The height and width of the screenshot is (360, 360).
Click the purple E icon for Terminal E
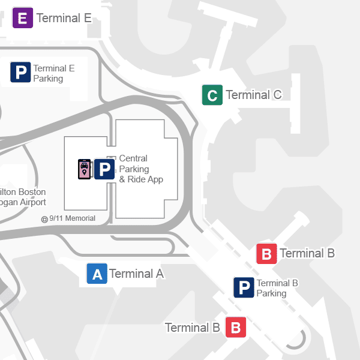23,17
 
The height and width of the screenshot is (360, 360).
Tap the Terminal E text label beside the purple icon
64,18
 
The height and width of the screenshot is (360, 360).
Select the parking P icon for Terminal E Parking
20,73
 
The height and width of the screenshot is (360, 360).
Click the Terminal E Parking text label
54,73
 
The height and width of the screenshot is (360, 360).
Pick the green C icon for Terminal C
212,95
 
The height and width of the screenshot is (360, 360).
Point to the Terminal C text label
254,95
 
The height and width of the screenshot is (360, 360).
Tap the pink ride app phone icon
85,169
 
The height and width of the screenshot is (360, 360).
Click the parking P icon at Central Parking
104,169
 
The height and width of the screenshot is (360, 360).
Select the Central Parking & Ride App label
141,169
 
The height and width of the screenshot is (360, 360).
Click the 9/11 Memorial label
72,218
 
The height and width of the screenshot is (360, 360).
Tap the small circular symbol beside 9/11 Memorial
44,219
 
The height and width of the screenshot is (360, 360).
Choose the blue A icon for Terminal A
97,274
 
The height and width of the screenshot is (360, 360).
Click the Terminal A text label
137,274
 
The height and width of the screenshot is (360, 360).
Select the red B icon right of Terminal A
266,254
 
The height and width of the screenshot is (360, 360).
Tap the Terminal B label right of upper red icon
307,253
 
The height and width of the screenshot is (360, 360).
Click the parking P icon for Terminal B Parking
244,288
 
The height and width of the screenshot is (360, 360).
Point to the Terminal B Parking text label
277,288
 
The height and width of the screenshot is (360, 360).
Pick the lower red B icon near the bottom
235,328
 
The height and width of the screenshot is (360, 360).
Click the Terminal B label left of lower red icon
192,328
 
